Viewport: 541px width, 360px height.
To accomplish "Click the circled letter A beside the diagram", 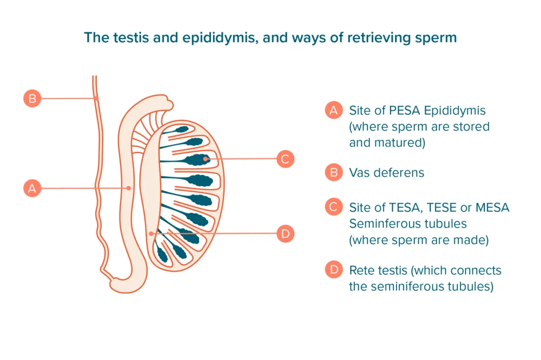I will [x=32, y=188].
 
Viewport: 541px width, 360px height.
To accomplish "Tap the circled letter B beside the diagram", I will [x=32, y=98].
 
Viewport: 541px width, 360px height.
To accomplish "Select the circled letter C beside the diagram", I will [x=285, y=159].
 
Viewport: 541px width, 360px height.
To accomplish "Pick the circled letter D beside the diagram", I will [x=285, y=234].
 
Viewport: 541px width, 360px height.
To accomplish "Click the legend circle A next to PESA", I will [x=334, y=110].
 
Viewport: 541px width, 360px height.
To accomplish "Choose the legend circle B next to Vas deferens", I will [x=334, y=172].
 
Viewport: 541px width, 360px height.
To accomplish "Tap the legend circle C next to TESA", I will [x=334, y=208].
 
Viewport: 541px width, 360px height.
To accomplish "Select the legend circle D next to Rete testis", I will [x=334, y=270].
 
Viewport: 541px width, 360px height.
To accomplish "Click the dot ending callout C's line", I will [x=206, y=159].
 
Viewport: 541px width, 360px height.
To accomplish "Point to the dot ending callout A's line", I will [x=128, y=188].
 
